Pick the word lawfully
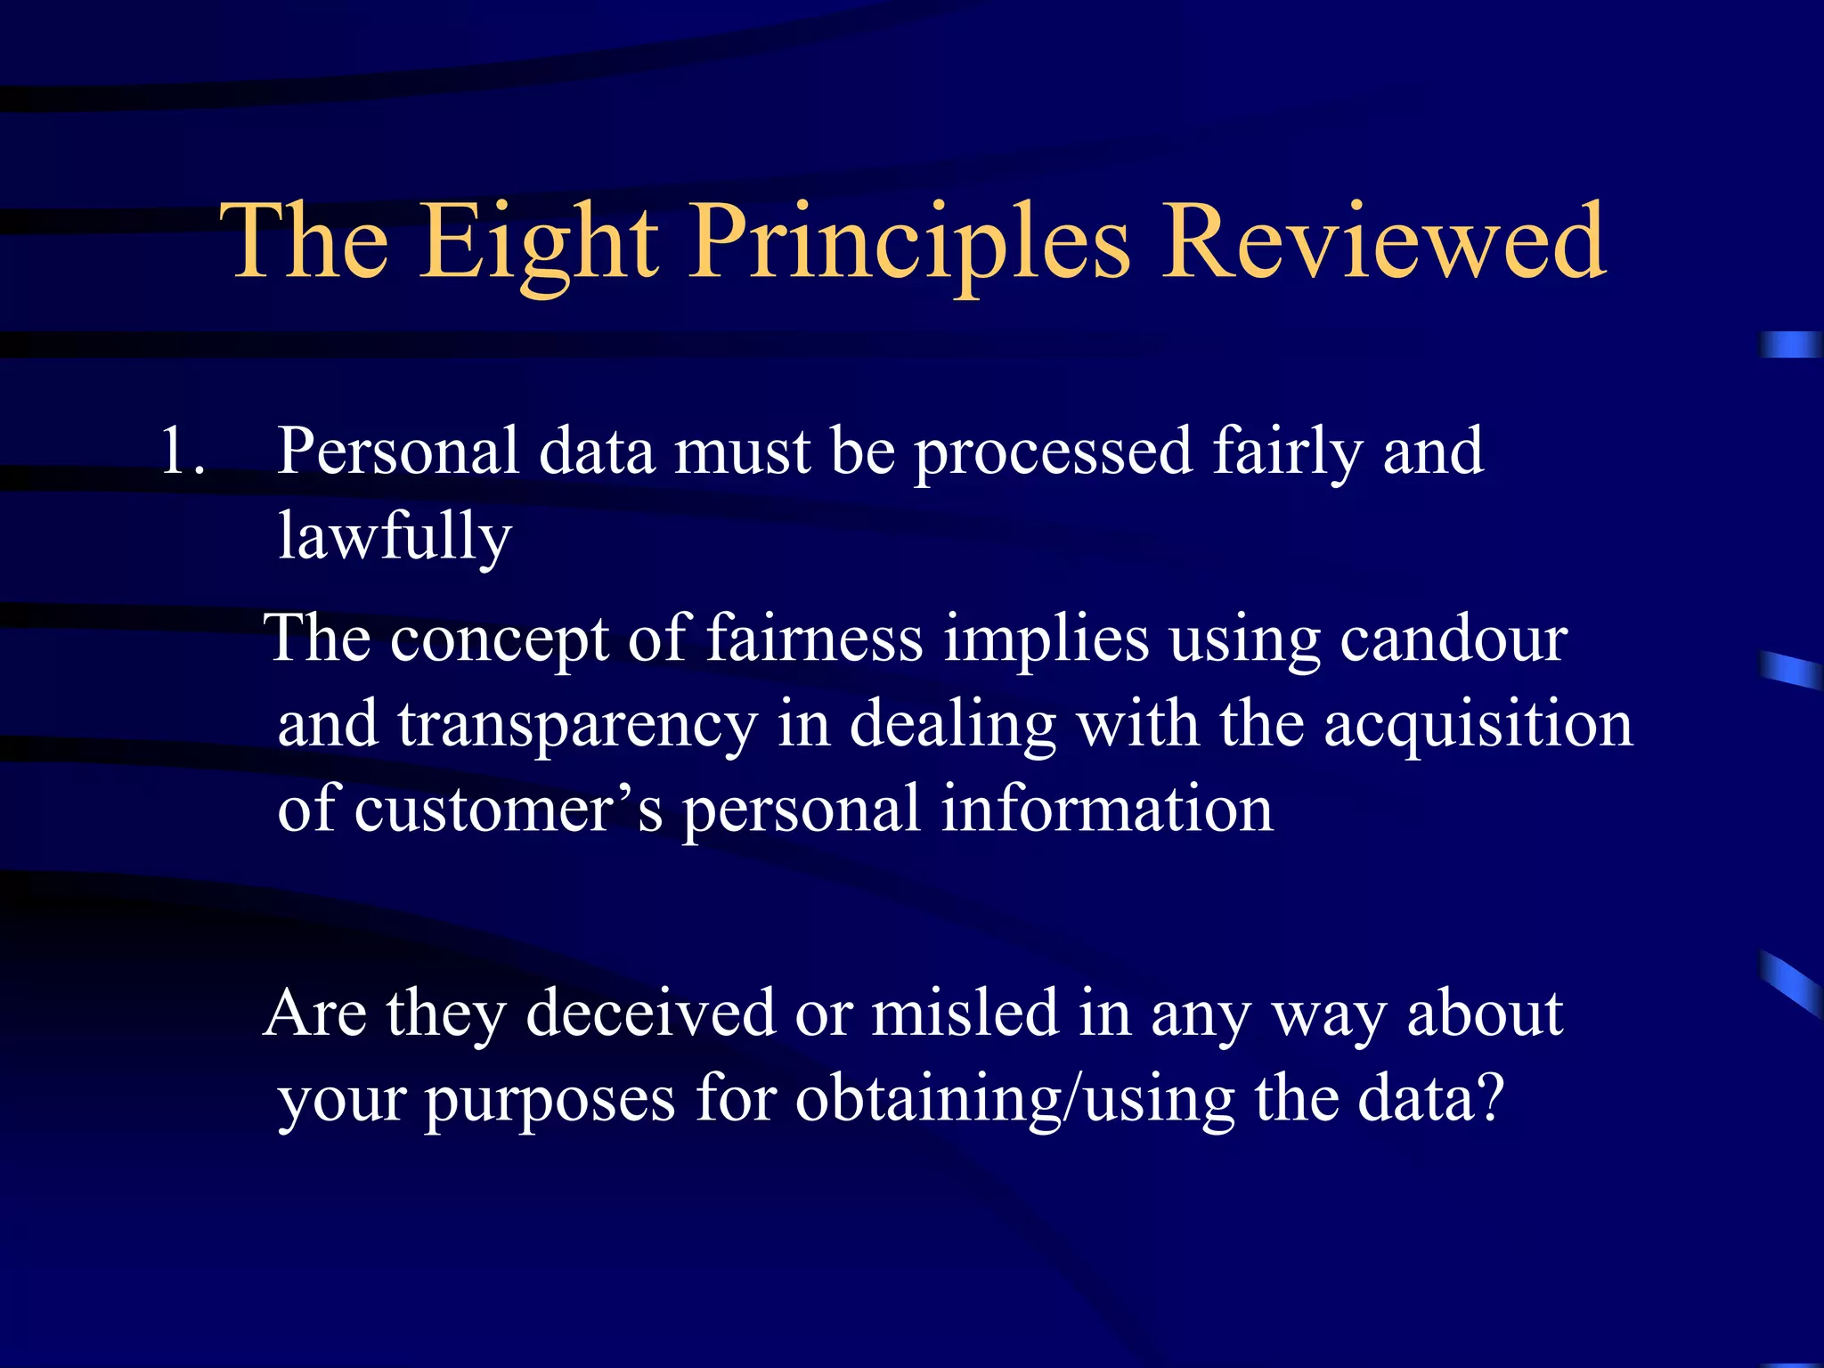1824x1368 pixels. tap(395, 537)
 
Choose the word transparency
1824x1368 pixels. tap(576, 725)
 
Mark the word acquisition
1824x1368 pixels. tap(1478, 725)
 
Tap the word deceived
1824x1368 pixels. tap(650, 1014)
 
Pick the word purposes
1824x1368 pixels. tap(549, 1101)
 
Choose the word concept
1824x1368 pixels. tap(499, 639)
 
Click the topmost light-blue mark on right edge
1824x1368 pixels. tap(1790, 345)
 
